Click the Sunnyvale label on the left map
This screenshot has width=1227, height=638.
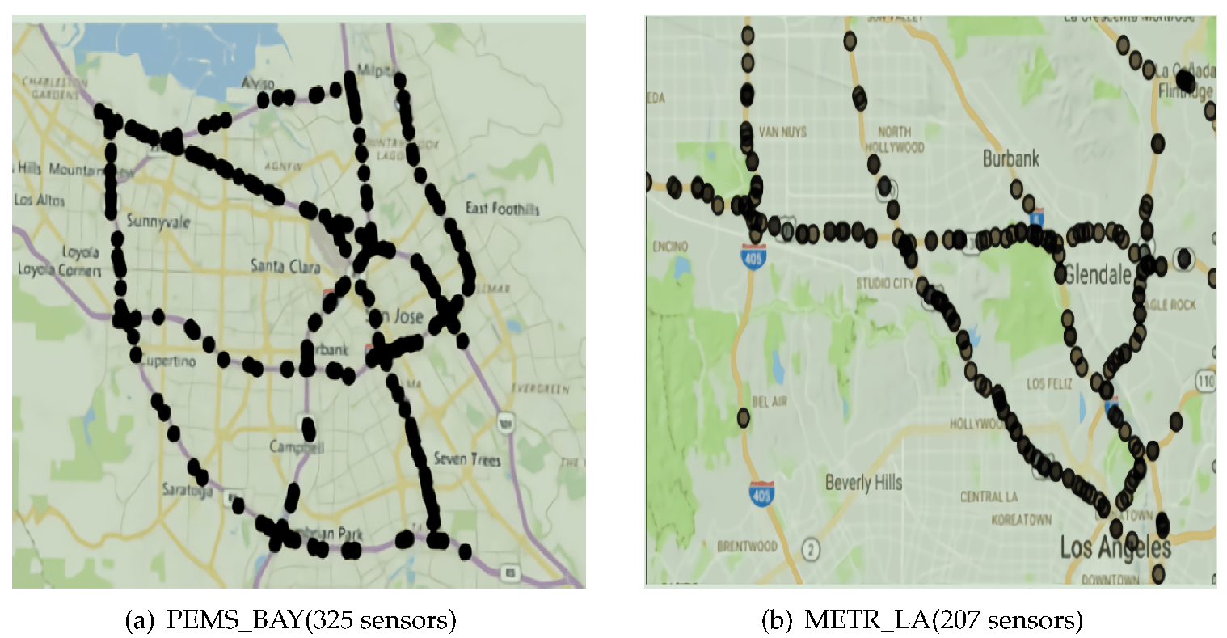158,222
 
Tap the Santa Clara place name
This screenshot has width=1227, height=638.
285,265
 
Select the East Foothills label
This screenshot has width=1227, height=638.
502,209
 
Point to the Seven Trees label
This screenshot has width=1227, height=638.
467,459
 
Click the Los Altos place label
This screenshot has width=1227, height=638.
39,200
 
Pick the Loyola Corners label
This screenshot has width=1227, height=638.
60,269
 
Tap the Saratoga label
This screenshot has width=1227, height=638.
188,489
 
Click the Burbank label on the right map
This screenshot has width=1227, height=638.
1010,158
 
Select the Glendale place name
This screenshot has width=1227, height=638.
1098,274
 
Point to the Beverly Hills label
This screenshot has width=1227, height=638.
863,483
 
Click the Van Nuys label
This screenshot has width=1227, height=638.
782,132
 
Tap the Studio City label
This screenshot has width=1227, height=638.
885,283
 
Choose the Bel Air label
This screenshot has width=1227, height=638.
770,401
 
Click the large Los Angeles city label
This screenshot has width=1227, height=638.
1115,547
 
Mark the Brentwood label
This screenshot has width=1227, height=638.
747,547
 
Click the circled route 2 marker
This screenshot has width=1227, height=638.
810,550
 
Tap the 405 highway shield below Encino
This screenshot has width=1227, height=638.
753,258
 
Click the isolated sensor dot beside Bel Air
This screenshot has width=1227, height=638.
744,418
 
